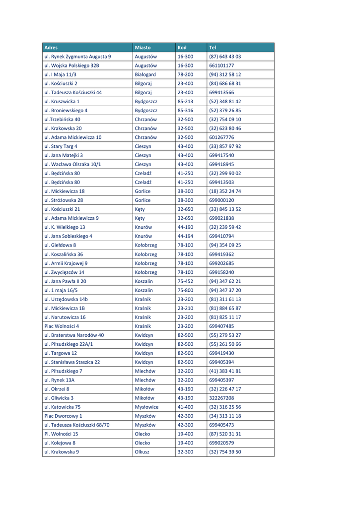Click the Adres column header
51,48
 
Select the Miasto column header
143,48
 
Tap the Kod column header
182,48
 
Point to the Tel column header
213,48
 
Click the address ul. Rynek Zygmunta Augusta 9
77,57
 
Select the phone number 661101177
221,65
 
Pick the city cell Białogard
145,74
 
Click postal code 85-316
185,110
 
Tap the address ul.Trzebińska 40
62,119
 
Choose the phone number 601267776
221,137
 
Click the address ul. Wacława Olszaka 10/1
72,164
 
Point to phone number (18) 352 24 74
225,191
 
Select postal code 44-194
185,236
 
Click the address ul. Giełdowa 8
60,245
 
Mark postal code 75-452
185,281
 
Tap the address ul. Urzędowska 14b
66,299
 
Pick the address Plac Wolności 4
62,326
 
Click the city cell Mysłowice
146,407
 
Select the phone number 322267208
221,398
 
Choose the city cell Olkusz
142,452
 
